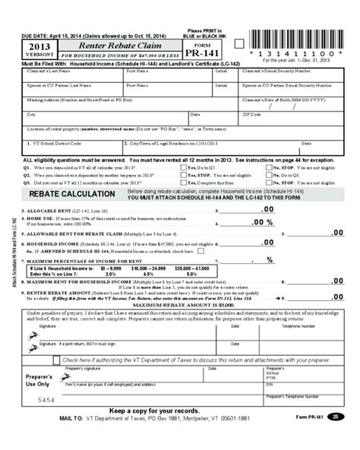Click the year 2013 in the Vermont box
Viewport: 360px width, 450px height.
39,46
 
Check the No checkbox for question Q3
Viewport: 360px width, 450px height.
269,182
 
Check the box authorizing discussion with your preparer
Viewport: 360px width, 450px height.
56,360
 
